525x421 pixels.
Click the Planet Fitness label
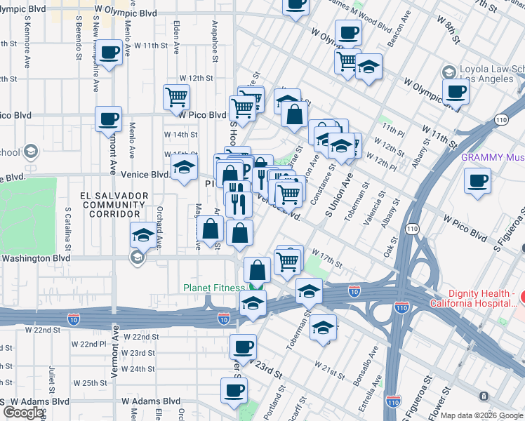coord(214,287)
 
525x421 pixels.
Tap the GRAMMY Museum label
coord(492,157)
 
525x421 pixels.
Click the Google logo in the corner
coord(23,413)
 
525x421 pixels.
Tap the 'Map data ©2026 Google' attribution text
coord(481,415)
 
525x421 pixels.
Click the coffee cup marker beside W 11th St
coord(109,53)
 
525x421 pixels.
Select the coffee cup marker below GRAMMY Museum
coord(477,181)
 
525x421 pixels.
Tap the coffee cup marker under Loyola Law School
coord(456,91)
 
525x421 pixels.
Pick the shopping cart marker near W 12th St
coord(176,98)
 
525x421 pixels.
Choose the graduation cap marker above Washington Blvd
coord(143,235)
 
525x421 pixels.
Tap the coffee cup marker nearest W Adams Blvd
coord(234,390)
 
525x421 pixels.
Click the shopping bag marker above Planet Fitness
coord(258,269)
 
